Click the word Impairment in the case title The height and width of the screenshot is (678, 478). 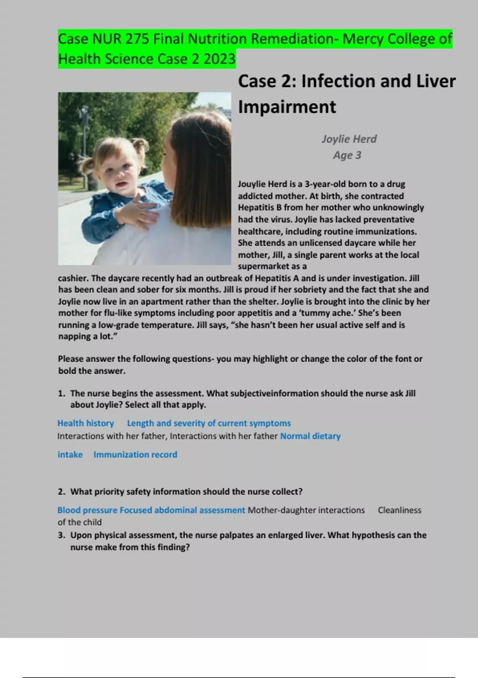pos(287,107)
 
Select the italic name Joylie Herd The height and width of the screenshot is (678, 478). pos(349,139)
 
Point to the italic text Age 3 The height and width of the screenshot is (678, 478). pos(347,155)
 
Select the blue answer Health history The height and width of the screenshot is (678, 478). pos(86,423)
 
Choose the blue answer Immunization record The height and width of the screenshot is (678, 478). pos(135,455)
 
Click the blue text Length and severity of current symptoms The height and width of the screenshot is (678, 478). pos(209,423)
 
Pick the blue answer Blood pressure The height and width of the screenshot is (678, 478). pos(87,510)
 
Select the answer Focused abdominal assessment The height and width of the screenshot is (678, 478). pos(182,510)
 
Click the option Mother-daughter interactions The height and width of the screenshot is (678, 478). pos(306,510)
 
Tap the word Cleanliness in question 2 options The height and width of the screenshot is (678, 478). pos(400,510)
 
